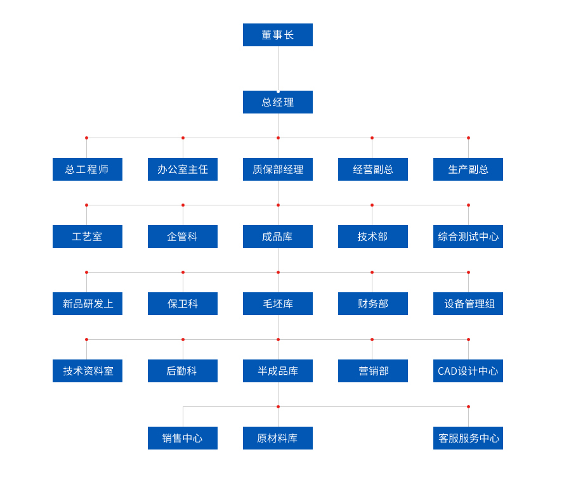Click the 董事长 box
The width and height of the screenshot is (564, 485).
pyautogui.click(x=278, y=35)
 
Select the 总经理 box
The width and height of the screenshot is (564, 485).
pyautogui.click(x=278, y=102)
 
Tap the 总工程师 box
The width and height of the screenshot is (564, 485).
pyautogui.click(x=88, y=169)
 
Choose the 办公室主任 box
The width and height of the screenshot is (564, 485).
pyautogui.click(x=183, y=169)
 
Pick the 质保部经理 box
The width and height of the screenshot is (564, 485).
pyautogui.click(x=278, y=169)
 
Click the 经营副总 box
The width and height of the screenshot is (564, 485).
pyautogui.click(x=373, y=169)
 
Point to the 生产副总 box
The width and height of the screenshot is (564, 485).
pyautogui.click(x=468, y=169)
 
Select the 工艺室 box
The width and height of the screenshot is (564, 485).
pyautogui.click(x=88, y=236)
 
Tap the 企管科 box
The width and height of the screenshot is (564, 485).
pyautogui.click(x=183, y=236)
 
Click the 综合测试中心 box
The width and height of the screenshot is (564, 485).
pyautogui.click(x=468, y=236)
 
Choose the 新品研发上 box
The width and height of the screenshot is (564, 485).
pyautogui.click(x=88, y=304)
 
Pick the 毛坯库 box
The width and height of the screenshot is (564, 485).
pyautogui.click(x=278, y=304)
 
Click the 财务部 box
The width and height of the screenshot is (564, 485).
pyautogui.click(x=373, y=304)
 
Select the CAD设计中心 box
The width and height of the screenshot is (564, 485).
pyautogui.click(x=468, y=371)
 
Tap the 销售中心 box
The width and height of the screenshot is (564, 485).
pyautogui.click(x=183, y=438)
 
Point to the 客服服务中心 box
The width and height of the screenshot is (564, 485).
pyautogui.click(x=468, y=438)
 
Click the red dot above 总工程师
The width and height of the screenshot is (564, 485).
pyautogui.click(x=87, y=138)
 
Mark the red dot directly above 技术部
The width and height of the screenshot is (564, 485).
pyautogui.click(x=372, y=205)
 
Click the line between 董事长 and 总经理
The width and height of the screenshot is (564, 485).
pyautogui.click(x=278, y=68)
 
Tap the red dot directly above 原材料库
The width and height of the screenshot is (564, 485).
pyautogui.click(x=278, y=407)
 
